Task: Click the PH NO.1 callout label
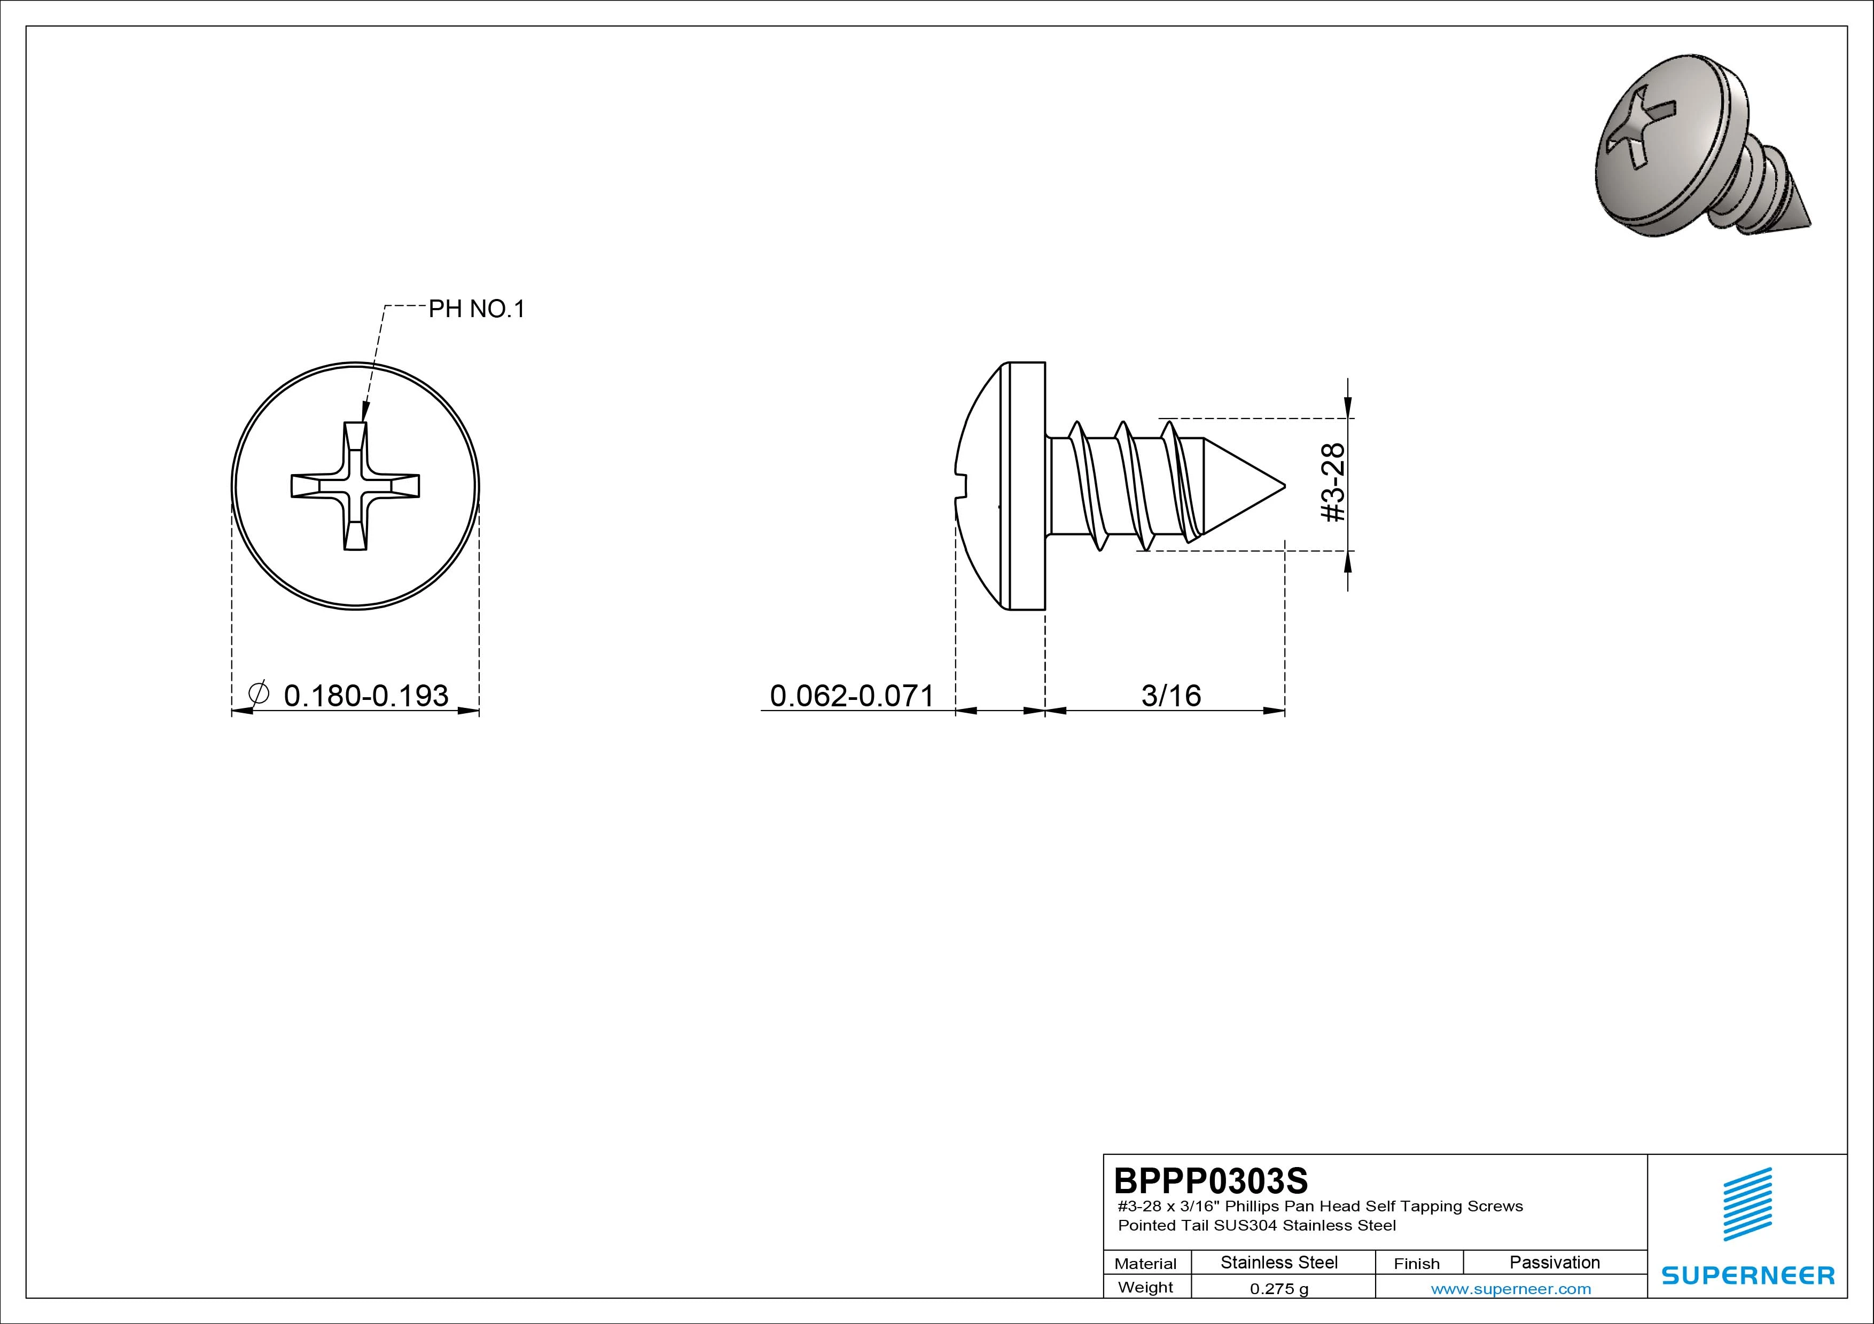477,309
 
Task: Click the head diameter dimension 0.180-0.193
365,695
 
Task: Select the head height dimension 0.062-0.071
852,695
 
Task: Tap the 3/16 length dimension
1171,695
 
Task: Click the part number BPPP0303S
1211,1180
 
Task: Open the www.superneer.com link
1511,1289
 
